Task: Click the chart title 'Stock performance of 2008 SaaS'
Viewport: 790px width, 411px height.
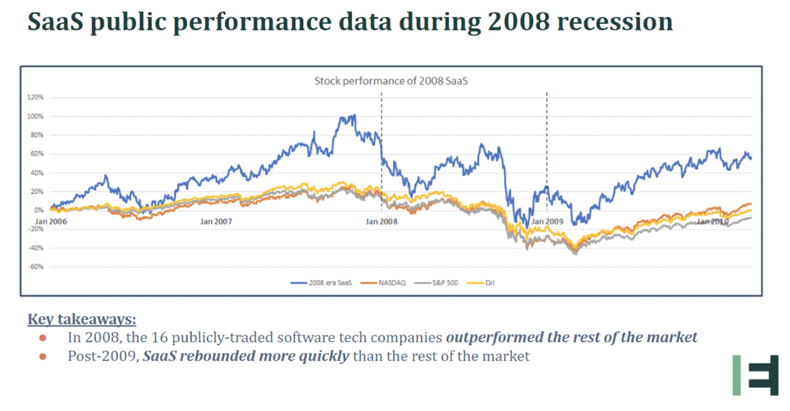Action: click(391, 80)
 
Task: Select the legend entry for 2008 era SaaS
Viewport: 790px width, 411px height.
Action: click(323, 283)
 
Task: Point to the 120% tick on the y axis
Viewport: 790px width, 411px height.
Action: click(36, 97)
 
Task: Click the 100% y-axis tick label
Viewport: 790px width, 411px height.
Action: click(36, 116)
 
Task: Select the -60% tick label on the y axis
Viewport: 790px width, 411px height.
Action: click(36, 266)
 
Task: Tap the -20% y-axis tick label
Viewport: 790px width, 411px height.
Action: click(36, 229)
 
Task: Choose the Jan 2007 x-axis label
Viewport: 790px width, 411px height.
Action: click(216, 221)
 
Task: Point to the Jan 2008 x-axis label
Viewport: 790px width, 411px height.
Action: click(382, 221)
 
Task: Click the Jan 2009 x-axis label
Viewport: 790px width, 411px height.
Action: click(547, 221)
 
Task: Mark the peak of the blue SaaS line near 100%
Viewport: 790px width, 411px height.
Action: click(354, 114)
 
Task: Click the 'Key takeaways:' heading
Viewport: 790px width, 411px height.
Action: click(82, 319)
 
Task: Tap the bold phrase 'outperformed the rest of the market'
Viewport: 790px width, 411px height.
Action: click(572, 337)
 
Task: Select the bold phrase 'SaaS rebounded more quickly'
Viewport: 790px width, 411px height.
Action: click(246, 356)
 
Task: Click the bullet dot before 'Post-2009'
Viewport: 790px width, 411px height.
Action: click(42, 356)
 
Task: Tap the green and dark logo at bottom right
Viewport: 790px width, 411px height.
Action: click(755, 375)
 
